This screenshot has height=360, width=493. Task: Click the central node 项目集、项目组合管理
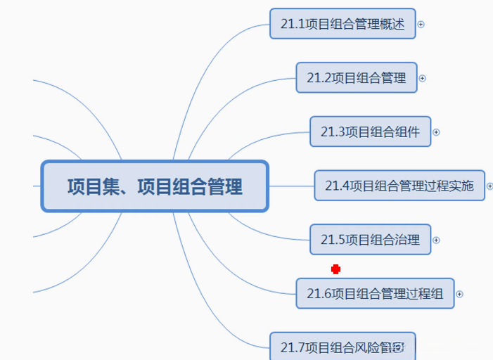pos(155,186)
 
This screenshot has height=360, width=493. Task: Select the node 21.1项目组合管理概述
pos(342,24)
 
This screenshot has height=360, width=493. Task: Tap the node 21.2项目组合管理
pos(357,78)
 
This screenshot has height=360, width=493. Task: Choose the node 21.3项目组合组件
pos(370,131)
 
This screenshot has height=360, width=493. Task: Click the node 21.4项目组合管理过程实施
pos(399,186)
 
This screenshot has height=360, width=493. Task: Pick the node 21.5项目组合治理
pos(370,240)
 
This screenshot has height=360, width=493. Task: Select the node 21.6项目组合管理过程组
pos(375,293)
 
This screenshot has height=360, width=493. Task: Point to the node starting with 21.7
pos(342,347)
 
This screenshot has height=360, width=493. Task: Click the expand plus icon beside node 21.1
pos(421,24)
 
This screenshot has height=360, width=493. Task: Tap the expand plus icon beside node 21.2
pos(423,78)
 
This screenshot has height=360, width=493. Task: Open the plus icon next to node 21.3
pos(436,131)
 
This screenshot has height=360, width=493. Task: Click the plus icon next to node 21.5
pos(436,240)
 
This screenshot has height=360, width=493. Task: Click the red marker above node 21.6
pos(336,269)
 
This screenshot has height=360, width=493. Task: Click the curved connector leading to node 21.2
pos(232,98)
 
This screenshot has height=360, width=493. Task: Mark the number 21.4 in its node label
pos(337,186)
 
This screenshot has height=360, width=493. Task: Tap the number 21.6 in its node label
pos(319,293)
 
